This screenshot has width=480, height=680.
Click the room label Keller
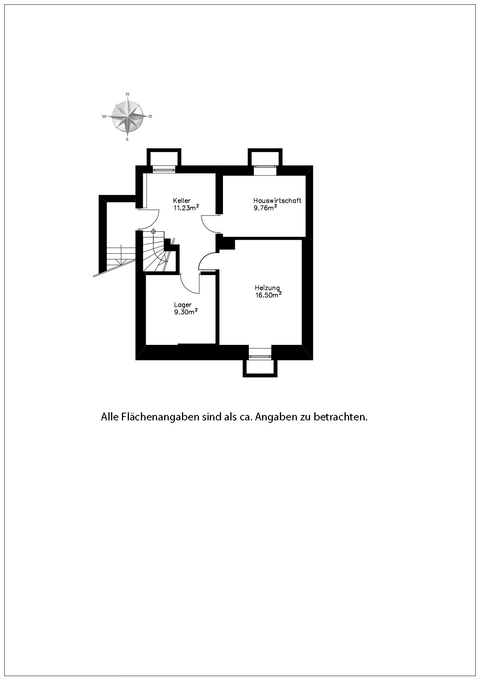pos(182,201)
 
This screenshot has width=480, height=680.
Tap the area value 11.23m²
pos(186,208)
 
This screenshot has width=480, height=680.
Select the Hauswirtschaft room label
pos(277,201)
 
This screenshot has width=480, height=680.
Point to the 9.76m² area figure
pos(265,208)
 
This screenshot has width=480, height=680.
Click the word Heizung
pos(267,288)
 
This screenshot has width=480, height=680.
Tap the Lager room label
pos(183,305)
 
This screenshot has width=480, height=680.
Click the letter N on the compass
pos(127,94)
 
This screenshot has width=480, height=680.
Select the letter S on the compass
pos(127,139)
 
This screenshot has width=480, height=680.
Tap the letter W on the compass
pos(104,116)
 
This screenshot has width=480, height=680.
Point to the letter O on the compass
pos(151,116)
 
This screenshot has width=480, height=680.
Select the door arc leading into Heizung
pos(206,260)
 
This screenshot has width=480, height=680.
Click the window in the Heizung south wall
pos(260,353)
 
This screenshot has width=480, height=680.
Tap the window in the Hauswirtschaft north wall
pos(265,170)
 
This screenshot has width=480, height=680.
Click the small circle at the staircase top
pos(153,232)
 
